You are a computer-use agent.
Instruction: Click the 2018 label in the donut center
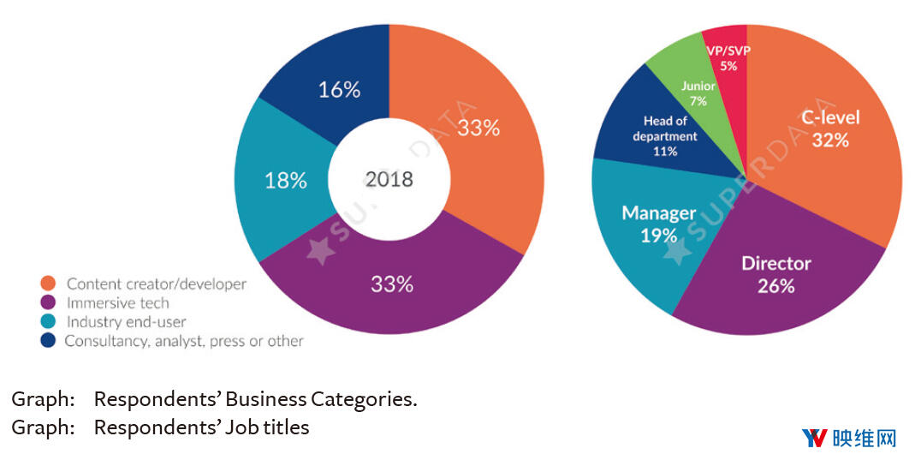pos(389,179)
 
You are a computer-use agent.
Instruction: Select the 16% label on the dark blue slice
pos(339,89)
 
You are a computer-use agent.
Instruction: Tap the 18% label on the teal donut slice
pos(285,180)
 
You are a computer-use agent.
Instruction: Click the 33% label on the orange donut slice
pos(478,128)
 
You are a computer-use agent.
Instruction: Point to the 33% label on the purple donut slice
pos(392,284)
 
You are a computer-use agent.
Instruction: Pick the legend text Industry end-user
pos(126,322)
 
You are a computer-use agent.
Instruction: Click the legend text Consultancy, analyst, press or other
pos(184,341)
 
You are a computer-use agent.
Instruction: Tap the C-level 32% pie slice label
pos(830,129)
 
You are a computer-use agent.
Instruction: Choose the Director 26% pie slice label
pos(775,274)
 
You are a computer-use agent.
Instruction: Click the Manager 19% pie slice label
pos(658,224)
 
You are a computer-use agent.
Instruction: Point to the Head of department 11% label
pos(665,136)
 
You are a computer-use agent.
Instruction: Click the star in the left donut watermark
pos(319,250)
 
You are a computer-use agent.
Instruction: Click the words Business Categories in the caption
pos(343,399)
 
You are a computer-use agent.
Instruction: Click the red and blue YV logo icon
pos(814,439)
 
